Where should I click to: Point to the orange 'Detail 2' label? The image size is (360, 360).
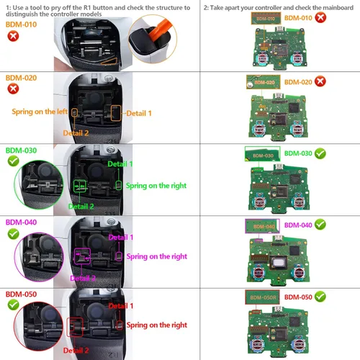pos(76,133)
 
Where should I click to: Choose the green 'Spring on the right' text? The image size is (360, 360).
pos(156,186)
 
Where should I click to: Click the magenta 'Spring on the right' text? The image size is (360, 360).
pos(156,256)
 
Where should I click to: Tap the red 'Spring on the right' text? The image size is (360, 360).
pos(156,326)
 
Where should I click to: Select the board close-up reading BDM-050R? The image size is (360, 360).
pos(263,297)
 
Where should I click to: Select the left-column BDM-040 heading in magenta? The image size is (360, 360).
pos(20,222)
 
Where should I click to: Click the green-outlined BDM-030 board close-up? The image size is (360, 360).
pos(261,155)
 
